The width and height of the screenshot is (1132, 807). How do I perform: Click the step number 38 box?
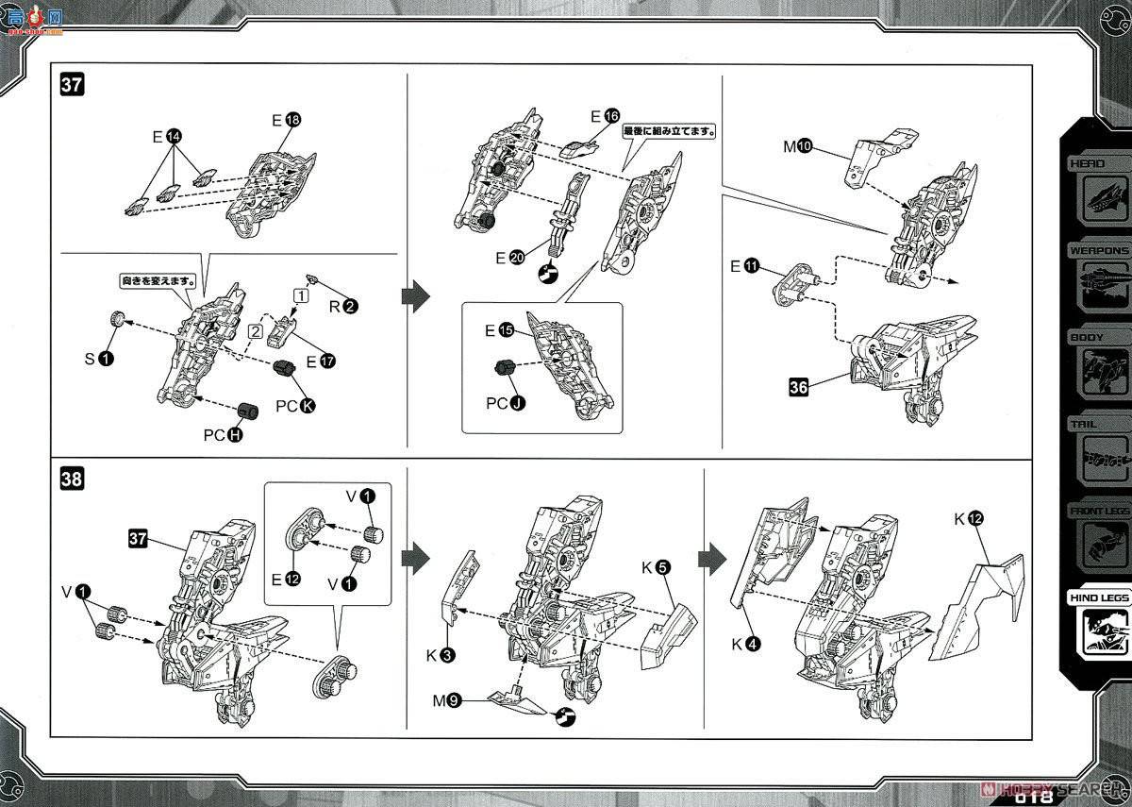[x=72, y=479]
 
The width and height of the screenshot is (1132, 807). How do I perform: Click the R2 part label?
[x=341, y=306]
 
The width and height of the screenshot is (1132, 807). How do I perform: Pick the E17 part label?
[x=319, y=361]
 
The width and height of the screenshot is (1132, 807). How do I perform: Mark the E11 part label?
[x=742, y=267]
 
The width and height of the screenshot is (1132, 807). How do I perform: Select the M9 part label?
[x=446, y=701]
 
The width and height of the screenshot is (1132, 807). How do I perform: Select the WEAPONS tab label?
[x=1098, y=250]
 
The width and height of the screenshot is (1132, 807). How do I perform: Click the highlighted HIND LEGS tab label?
[x=1098, y=597]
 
